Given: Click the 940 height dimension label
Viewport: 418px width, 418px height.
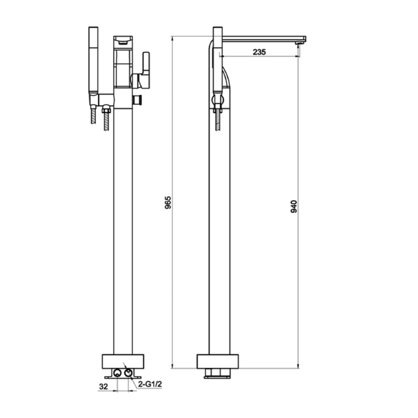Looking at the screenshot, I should coord(293,206).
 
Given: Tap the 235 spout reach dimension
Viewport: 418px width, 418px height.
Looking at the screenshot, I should coord(259,52).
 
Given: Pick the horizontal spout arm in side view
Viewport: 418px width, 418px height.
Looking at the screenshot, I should coord(263,38).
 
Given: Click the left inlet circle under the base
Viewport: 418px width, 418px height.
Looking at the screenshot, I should coord(118,373).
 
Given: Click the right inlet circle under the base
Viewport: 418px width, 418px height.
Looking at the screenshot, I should coord(128,373).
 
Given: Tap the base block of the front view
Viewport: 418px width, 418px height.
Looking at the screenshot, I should coord(123,361).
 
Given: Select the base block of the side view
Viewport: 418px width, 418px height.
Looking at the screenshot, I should coord(217,361).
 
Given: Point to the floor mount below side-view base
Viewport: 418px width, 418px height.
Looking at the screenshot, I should coord(217,373).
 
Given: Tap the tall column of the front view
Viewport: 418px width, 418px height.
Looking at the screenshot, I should coord(123,230).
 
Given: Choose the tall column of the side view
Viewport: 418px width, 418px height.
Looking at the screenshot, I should coord(219,230).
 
